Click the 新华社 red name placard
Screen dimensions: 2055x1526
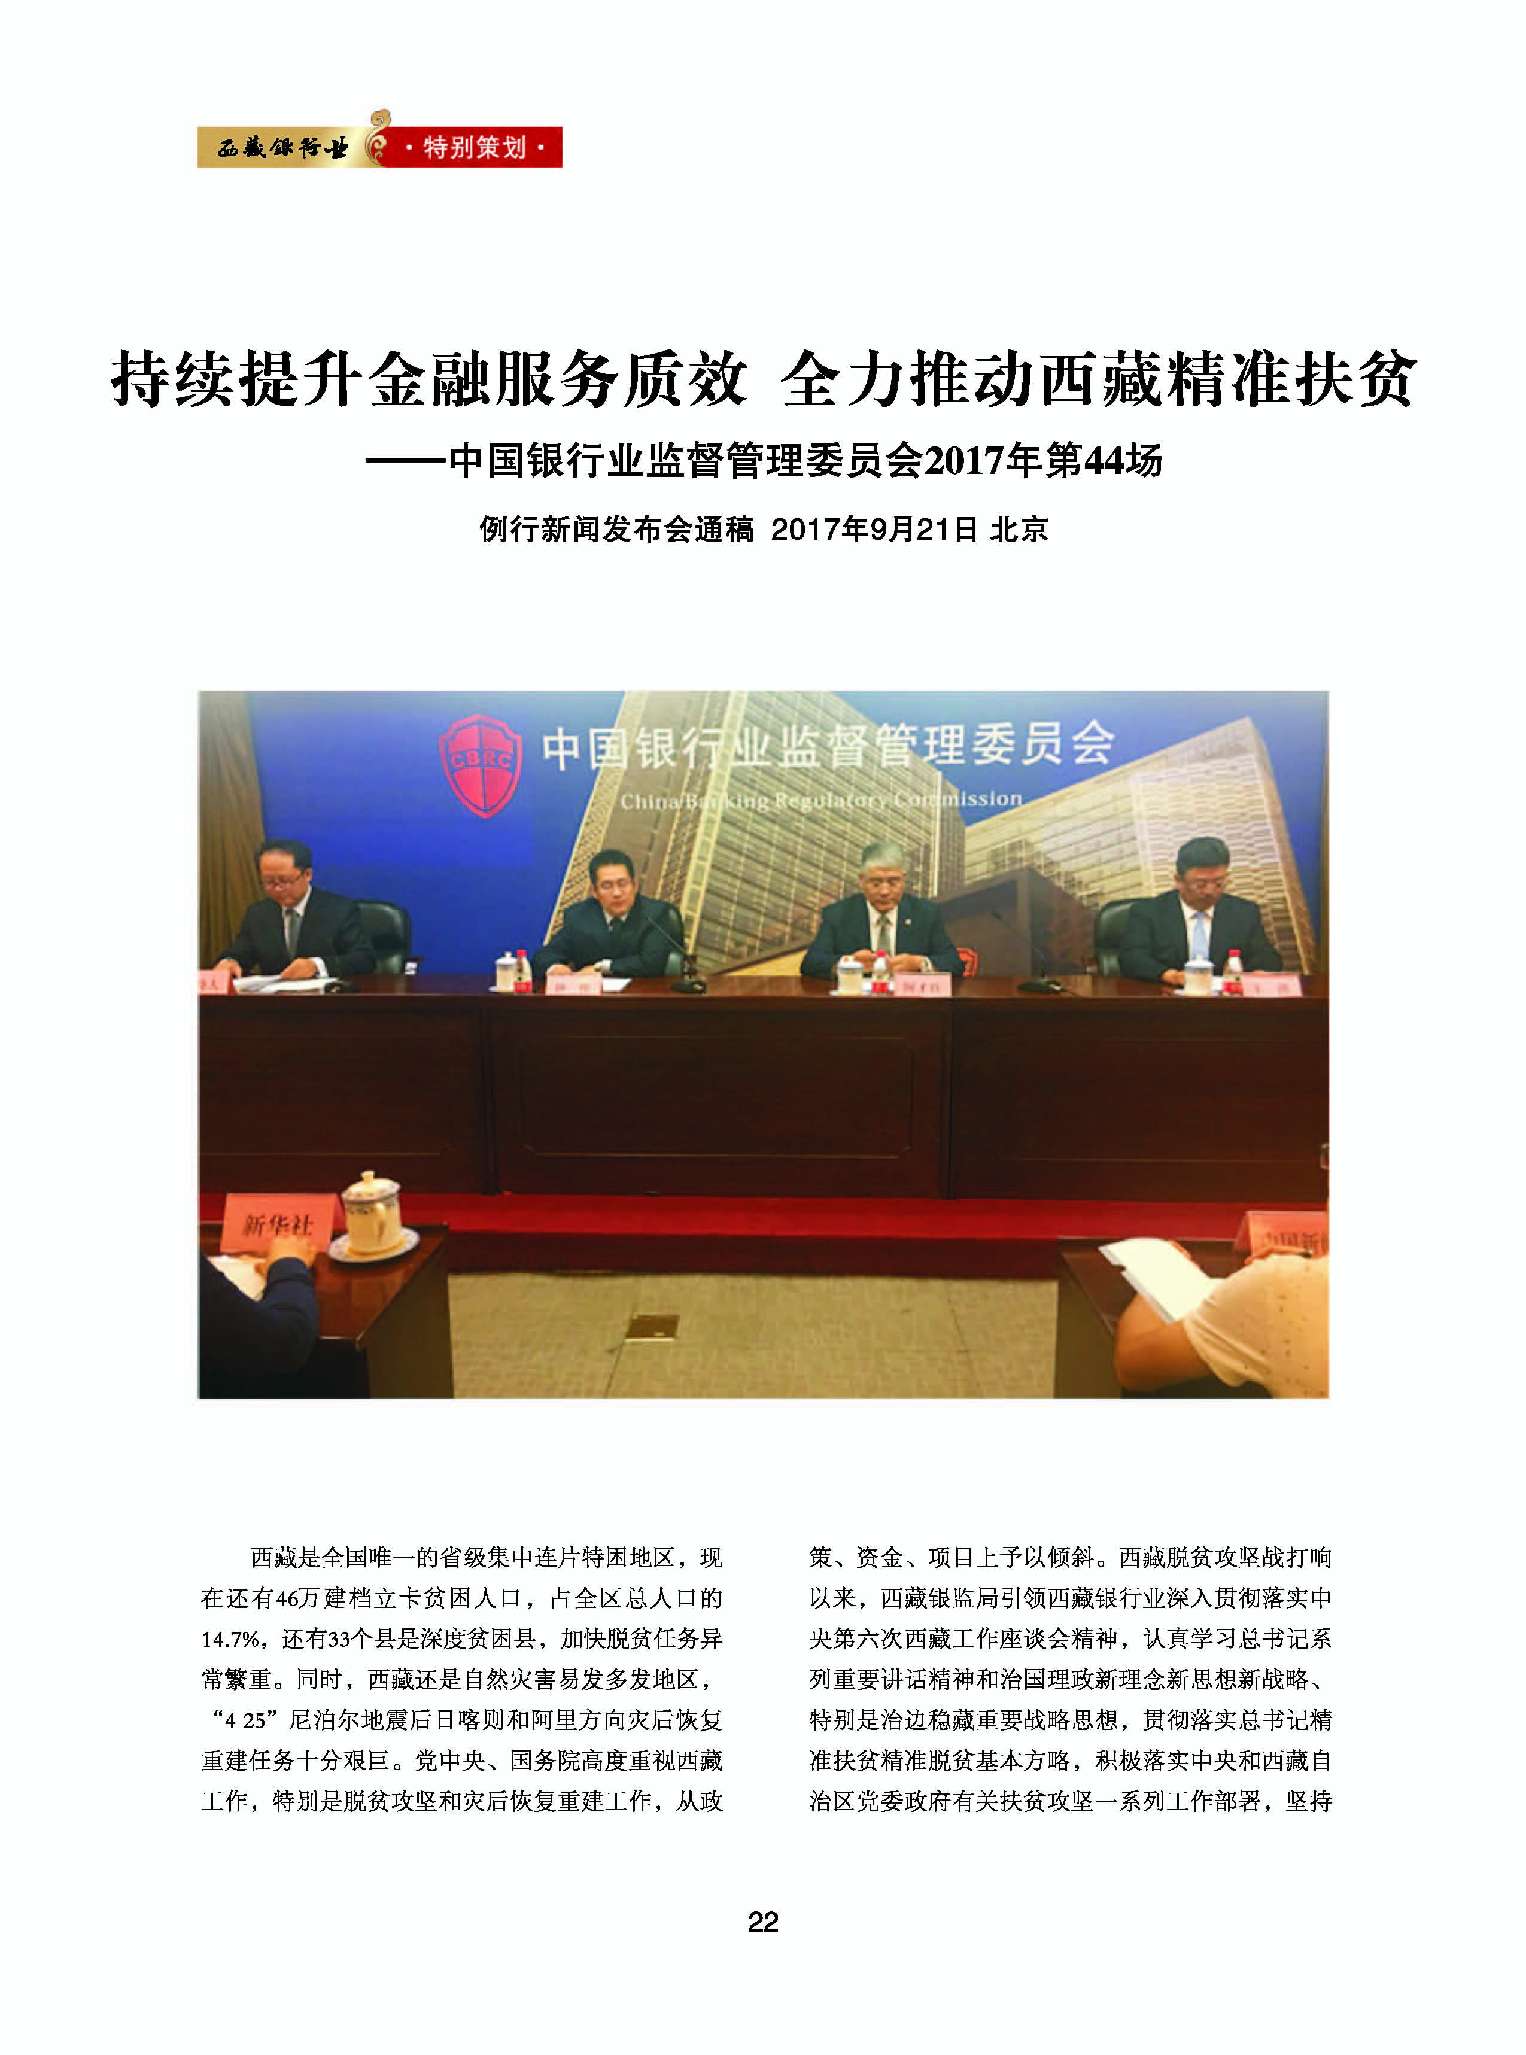click(276, 1225)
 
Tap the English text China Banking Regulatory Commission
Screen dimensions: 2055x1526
click(820, 800)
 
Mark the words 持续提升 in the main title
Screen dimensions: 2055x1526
click(238, 379)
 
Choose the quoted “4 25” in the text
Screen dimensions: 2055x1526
click(240, 1720)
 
